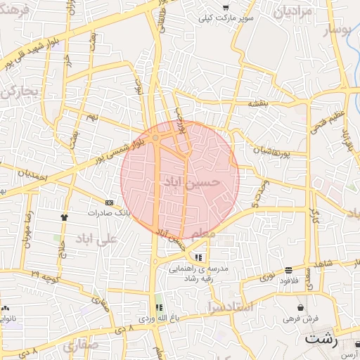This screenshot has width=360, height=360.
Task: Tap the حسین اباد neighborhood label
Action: [191, 183]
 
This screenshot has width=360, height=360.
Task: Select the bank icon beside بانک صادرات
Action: [108, 202]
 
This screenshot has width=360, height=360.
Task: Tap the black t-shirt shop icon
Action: [65, 217]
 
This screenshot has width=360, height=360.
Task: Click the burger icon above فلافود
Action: [289, 271]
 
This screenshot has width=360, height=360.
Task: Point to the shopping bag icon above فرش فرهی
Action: [301, 307]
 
